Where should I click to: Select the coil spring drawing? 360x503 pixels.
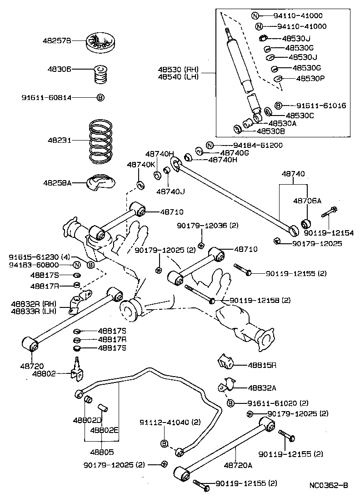pyautogui.click(x=102, y=141)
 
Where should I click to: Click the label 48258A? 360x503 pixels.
pyautogui.click(x=57, y=182)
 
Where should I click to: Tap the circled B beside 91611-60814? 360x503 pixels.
pyautogui.click(x=100, y=97)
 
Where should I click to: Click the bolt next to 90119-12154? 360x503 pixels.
pyautogui.click(x=330, y=212)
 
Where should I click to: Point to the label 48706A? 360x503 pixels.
pyautogui.click(x=307, y=200)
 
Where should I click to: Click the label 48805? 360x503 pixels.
pyautogui.click(x=102, y=453)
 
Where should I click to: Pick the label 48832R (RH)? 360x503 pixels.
pyautogui.click(x=30, y=304)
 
